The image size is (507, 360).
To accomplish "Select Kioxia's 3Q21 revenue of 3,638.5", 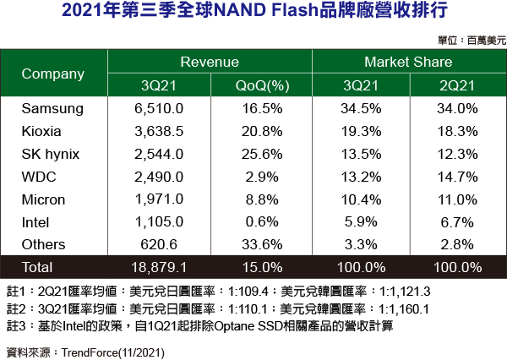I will pos(159,132).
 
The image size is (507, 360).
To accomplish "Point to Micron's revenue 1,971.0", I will pos(159,199).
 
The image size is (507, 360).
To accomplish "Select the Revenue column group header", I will pos(210,63).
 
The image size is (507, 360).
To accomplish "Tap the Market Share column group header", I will pos(410,63).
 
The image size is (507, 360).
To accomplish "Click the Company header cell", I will pos(52,74).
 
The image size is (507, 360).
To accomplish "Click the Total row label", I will pos(36,267).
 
